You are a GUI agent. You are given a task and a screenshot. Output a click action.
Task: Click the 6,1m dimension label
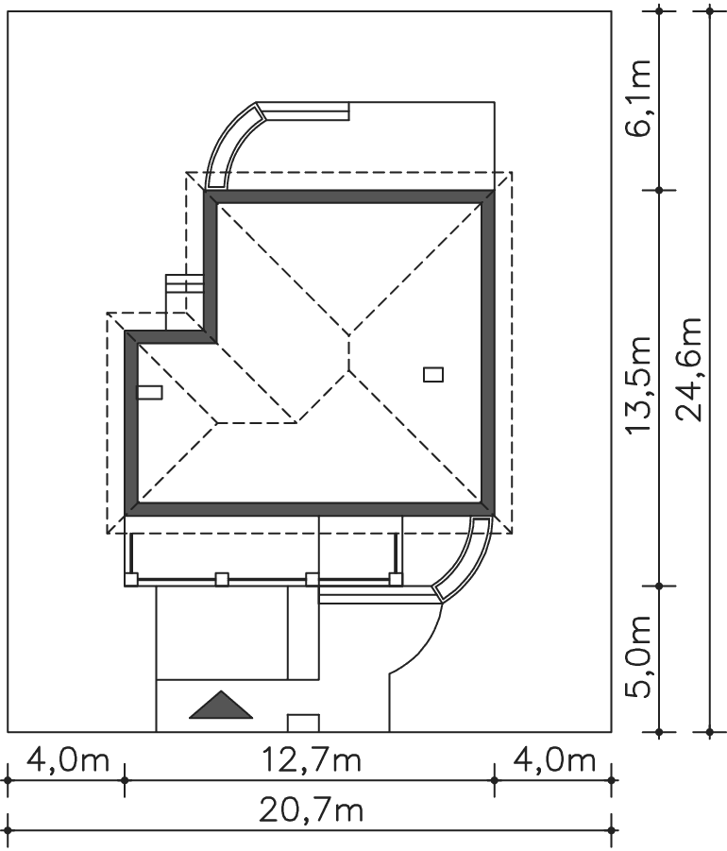[x=637, y=98]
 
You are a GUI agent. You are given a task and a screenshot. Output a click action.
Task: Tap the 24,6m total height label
[x=689, y=369]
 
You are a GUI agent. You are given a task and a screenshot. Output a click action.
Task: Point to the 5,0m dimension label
[x=637, y=656]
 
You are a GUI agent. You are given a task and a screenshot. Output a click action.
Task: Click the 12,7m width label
[x=311, y=759]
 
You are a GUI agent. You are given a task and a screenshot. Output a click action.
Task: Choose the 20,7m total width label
[x=311, y=811]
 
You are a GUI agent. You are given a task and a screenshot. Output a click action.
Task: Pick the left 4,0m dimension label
[x=68, y=759]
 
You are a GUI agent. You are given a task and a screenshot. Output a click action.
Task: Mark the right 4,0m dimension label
[x=554, y=759]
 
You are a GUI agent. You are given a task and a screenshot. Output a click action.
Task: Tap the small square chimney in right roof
[x=433, y=374]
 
